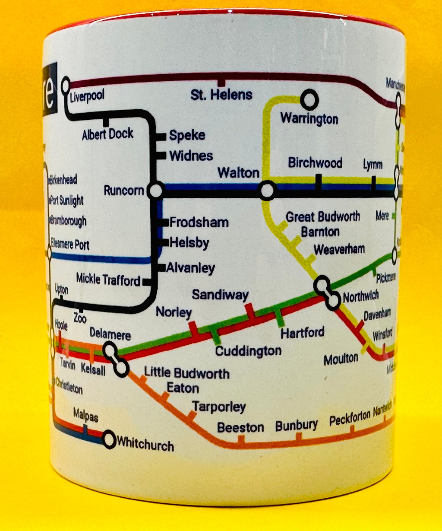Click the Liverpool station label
coord(87,96)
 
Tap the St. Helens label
coord(221,94)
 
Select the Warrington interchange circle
coord(309,100)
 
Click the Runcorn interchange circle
coord(155,190)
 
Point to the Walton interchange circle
coord(268,191)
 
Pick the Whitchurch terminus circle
coord(110,440)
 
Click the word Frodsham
coord(199,223)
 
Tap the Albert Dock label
coord(107,134)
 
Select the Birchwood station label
coord(315,163)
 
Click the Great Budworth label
coord(323,216)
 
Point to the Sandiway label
coord(220,295)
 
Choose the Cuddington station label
coord(248,351)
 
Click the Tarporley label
coord(219,407)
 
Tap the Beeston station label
coord(240,428)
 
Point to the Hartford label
coord(302,333)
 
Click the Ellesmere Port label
coord(70,244)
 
